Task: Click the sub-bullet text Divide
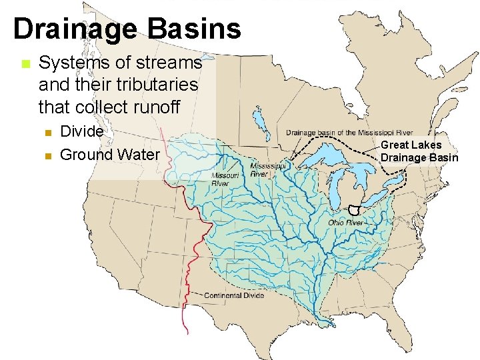[81, 131]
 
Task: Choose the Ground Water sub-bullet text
[110, 155]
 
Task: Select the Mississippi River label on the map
[268, 169]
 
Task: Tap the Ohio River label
[345, 222]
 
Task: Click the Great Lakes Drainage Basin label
[419, 151]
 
